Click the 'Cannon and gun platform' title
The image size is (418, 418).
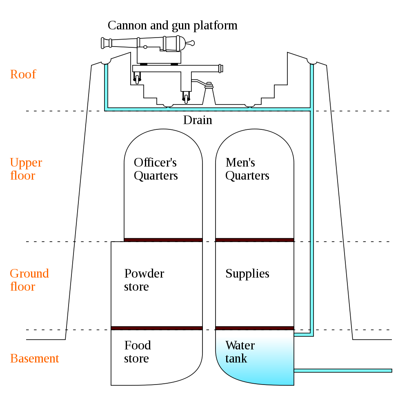172,25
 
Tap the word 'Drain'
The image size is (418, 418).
198,120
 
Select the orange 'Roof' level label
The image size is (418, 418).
23,74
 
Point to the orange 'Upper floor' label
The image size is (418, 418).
26,169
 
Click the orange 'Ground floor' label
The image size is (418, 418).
29,280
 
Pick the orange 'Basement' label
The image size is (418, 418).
34,358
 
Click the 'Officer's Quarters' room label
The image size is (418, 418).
156,169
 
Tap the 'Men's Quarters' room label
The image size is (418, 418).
247,169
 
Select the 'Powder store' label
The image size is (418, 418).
144,280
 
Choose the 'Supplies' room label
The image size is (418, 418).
247,273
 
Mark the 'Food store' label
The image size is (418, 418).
137,352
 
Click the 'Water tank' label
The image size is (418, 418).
240,352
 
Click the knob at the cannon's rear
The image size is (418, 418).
191,42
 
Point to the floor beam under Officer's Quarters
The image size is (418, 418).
163,240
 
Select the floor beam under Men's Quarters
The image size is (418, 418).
255,240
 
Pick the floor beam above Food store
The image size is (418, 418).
157,328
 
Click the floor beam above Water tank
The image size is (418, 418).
255,328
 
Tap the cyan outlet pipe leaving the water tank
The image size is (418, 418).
343,371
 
